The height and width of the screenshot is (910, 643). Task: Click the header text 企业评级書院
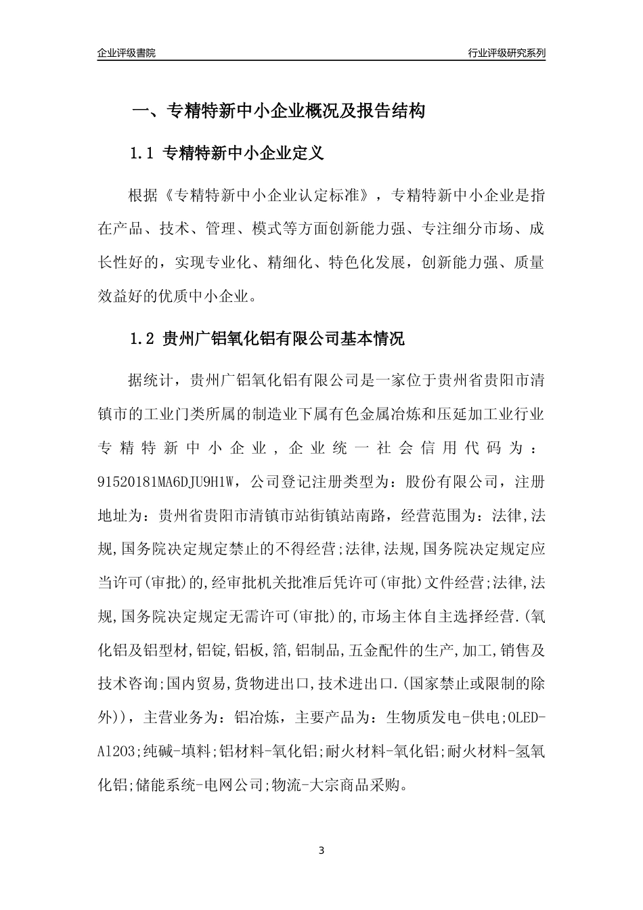pos(127,53)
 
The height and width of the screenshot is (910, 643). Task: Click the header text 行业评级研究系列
pos(506,53)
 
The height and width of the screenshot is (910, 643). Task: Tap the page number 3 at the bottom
pos(321,850)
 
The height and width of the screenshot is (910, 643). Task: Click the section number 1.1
pos(143,154)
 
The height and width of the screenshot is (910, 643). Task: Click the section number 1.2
pos(143,339)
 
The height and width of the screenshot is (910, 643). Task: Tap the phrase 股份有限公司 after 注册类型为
pos(453,482)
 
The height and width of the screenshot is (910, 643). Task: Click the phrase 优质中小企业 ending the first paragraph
pos(213,297)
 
